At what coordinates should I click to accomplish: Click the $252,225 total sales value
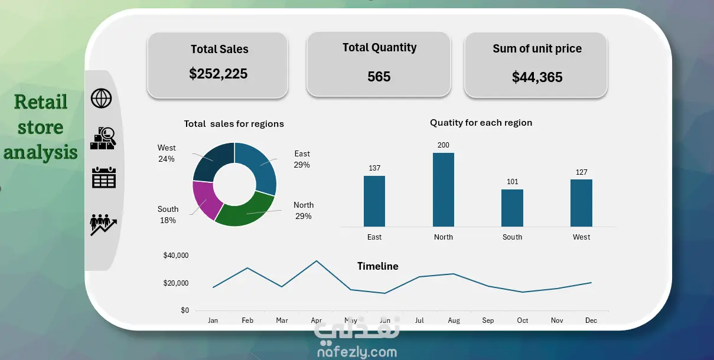pyautogui.click(x=219, y=74)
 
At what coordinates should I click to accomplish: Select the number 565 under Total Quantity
pyautogui.click(x=379, y=77)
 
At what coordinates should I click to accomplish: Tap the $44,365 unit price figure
pyautogui.click(x=537, y=77)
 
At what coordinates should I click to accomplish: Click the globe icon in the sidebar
pyautogui.click(x=102, y=98)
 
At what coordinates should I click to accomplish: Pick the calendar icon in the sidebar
pyautogui.click(x=104, y=178)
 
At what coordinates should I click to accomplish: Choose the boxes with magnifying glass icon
pyautogui.click(x=103, y=138)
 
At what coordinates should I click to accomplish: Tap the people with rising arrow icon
pyautogui.click(x=103, y=225)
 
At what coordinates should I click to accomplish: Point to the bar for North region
pyautogui.click(x=444, y=189)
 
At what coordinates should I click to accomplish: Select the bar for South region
pyautogui.click(x=512, y=208)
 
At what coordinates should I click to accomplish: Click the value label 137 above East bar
pyautogui.click(x=374, y=168)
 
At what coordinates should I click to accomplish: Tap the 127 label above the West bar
pyautogui.click(x=581, y=172)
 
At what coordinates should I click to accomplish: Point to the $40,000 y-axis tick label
pyautogui.click(x=175, y=255)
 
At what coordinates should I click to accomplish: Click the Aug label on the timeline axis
pyautogui.click(x=454, y=320)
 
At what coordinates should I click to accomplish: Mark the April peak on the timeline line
pyautogui.click(x=317, y=261)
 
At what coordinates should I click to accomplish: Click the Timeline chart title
pyautogui.click(x=378, y=266)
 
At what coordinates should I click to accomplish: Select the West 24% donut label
pyautogui.click(x=167, y=153)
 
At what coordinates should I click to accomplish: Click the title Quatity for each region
pyautogui.click(x=481, y=123)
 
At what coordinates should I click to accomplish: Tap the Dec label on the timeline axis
pyautogui.click(x=591, y=320)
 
